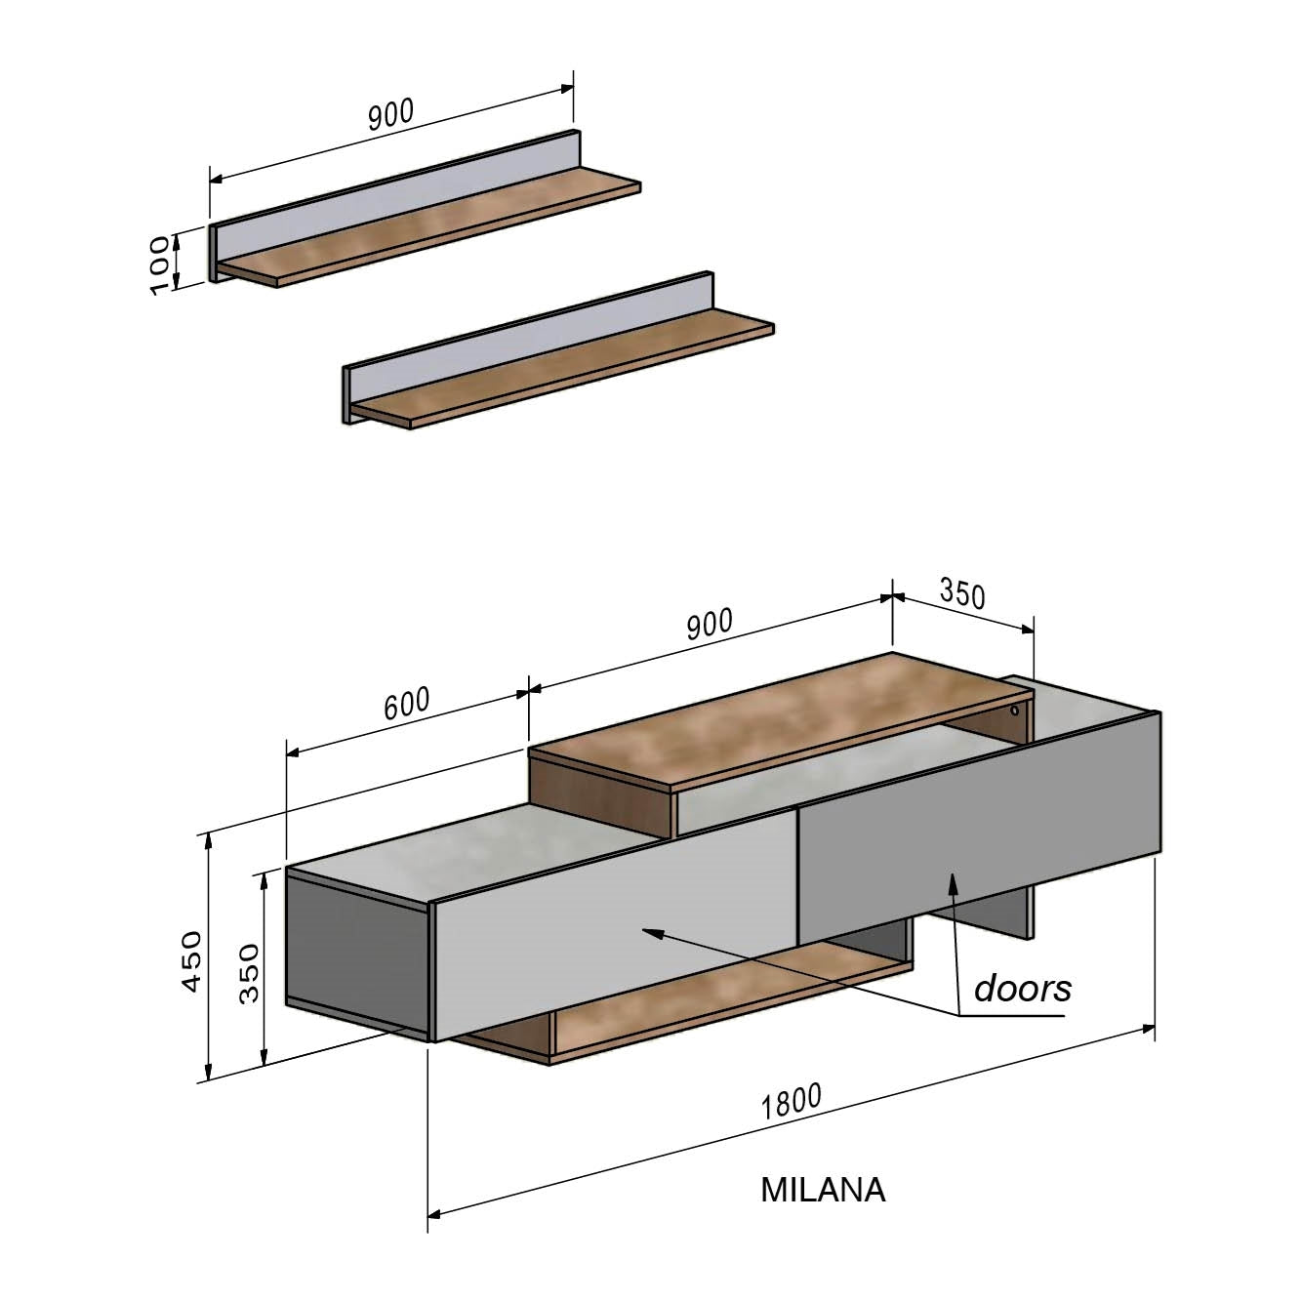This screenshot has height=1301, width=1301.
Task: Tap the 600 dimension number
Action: point(406,704)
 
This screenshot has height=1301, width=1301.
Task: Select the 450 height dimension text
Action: point(192,961)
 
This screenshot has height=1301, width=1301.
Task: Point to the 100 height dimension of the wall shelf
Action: point(161,264)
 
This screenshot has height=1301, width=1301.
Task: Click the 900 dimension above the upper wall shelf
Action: point(391,114)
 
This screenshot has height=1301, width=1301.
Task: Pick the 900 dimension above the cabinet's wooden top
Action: point(709,625)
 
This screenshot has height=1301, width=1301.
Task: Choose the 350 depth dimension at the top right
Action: point(962,592)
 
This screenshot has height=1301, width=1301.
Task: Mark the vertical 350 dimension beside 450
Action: point(250,973)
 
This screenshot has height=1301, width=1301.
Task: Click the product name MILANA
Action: point(823,1190)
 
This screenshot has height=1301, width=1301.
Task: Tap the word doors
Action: point(1022,988)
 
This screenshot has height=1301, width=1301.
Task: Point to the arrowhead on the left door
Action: point(648,932)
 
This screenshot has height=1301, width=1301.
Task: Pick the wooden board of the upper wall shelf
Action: point(429,234)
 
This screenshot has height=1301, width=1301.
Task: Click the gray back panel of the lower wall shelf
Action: point(527,337)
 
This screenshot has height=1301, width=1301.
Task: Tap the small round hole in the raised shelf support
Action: point(1015,711)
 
